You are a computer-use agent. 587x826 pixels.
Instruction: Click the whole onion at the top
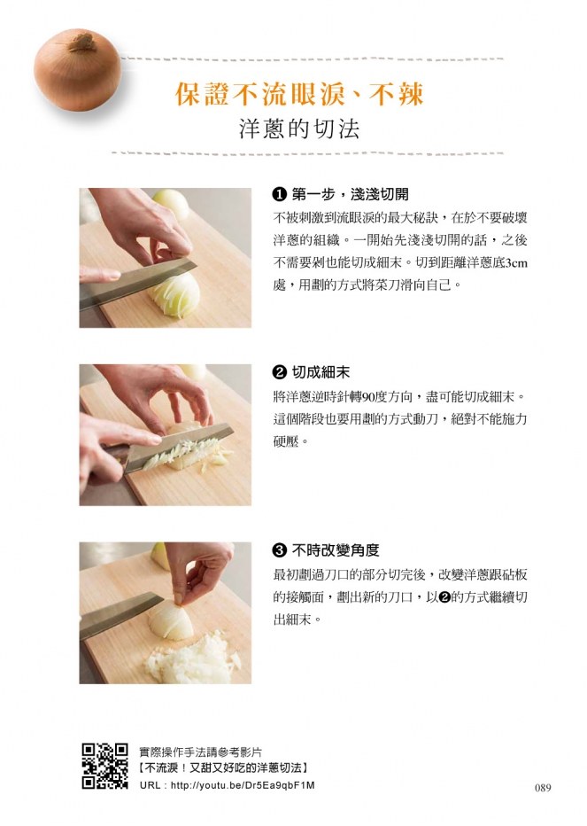(77, 69)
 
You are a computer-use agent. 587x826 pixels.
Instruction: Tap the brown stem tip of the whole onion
(82, 41)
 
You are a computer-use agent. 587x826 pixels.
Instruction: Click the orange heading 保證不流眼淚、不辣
(299, 94)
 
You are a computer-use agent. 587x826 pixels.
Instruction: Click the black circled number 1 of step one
(280, 195)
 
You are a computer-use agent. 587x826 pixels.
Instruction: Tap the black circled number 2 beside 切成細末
(280, 373)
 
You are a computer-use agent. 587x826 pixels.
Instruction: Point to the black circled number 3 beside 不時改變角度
(280, 551)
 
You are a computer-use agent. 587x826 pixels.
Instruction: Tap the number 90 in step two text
(368, 396)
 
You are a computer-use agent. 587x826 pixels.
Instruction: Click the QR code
(104, 767)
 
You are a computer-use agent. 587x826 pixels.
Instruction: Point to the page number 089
(543, 788)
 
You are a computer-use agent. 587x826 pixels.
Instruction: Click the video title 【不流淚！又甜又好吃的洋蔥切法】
(224, 768)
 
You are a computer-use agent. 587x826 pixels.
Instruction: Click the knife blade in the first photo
(138, 282)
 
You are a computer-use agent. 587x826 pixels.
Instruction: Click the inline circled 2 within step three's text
(444, 597)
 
